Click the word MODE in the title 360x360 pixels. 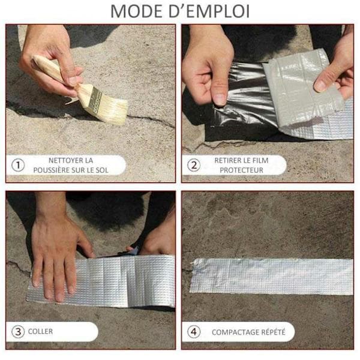(136, 11)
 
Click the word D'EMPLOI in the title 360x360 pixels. (209, 11)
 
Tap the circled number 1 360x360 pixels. (18, 165)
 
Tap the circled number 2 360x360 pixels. (194, 165)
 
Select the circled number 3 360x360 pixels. (18, 332)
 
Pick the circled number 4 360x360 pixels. (194, 332)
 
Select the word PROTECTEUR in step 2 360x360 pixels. (242, 170)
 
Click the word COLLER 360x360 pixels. (40, 331)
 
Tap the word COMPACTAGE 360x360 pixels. (234, 332)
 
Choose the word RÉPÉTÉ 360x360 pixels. (272, 332)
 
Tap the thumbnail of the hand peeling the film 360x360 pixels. (220, 98)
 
